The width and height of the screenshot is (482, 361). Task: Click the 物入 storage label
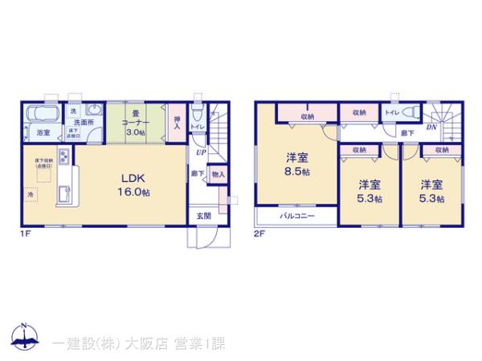click(x=219, y=172)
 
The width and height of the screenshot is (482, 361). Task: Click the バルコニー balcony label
click(x=296, y=217)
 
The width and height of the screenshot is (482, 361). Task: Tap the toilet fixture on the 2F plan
click(x=411, y=112)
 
